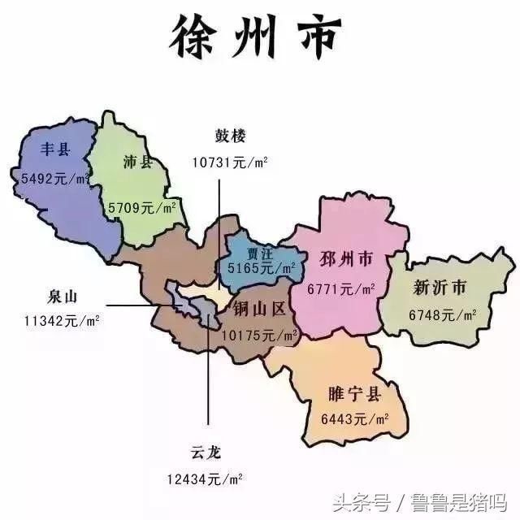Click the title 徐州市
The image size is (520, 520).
click(256, 37)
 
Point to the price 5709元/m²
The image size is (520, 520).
click(143, 208)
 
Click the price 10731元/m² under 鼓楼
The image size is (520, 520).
click(230, 161)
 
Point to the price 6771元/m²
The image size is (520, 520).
click(341, 288)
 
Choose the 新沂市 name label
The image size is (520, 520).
click(440, 288)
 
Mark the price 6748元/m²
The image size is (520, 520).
click(442, 314)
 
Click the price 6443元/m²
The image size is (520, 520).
click(354, 419)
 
